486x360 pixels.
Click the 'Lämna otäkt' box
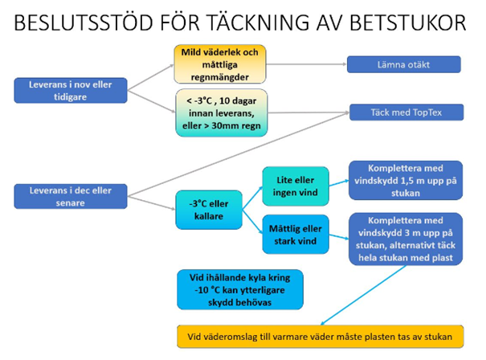(x=404, y=64)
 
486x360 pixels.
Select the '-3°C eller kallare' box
(x=207, y=210)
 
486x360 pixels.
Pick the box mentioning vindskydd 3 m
(x=405, y=238)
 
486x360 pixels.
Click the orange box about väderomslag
(x=321, y=337)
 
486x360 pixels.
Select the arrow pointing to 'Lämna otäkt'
(x=305, y=64)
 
